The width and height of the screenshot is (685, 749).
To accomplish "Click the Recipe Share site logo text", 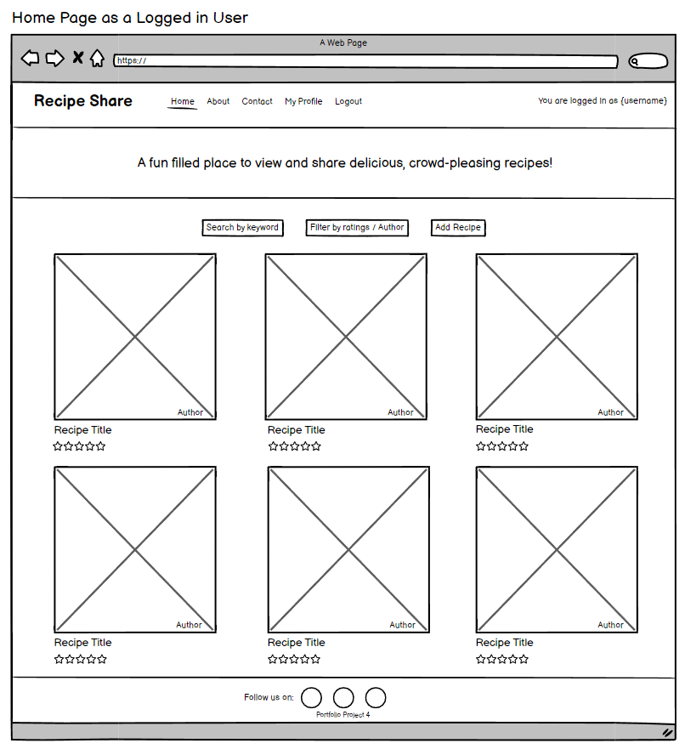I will tap(83, 101).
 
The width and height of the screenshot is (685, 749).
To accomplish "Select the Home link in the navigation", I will tap(183, 101).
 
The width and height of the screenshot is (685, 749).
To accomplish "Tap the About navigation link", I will tap(218, 101).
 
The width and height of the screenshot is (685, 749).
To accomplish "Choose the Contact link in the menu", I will tap(257, 101).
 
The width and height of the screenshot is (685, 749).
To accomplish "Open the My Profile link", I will tap(303, 101).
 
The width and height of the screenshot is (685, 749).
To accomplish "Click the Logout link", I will tap(348, 101).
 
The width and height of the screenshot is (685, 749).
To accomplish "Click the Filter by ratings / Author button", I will tap(357, 228).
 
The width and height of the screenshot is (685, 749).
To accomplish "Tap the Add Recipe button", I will tap(458, 228).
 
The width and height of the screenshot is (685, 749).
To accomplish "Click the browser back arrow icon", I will tap(31, 58).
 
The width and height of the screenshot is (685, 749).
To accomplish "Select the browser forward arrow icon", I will tap(54, 58).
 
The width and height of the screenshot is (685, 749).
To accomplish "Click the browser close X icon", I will tap(77, 58).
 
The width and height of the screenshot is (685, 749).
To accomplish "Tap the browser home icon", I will tap(98, 58).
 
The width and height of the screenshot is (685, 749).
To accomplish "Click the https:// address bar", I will tap(365, 61).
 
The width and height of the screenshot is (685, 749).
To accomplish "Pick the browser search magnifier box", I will tap(648, 61).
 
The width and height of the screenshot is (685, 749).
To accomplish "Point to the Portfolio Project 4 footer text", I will tap(342, 715).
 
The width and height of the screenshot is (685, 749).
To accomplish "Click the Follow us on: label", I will tap(269, 698).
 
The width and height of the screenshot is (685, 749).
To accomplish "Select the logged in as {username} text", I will tap(603, 101).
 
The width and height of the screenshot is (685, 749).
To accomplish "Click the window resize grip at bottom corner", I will tap(667, 732).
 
